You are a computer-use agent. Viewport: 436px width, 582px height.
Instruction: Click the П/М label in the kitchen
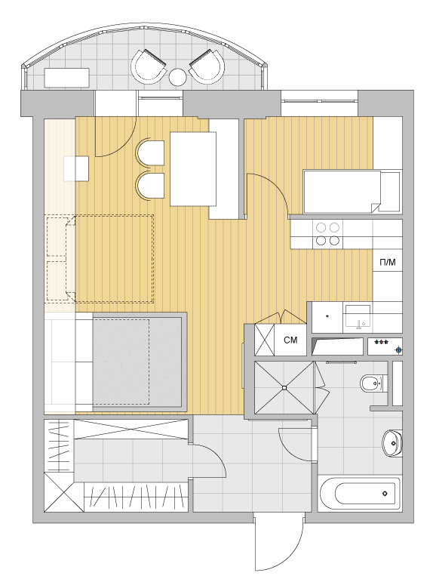click(x=388, y=263)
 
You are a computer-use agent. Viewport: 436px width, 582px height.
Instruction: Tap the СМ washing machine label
click(x=290, y=340)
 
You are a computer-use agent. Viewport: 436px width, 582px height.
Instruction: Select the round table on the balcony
click(x=178, y=77)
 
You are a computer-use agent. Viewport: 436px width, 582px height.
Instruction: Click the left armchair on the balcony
click(x=149, y=67)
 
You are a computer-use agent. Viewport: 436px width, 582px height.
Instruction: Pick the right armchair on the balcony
click(x=207, y=67)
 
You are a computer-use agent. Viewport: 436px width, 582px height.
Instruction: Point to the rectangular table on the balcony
click(x=67, y=78)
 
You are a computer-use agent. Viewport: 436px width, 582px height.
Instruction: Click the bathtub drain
click(x=385, y=493)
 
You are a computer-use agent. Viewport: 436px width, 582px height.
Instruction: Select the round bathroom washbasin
click(x=392, y=442)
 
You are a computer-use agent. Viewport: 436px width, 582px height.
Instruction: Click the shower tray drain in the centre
click(x=284, y=388)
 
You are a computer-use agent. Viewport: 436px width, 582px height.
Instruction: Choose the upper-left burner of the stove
click(x=321, y=226)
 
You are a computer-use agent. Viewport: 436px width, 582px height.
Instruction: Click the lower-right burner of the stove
click(x=334, y=241)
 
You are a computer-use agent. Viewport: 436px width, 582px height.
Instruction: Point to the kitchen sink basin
click(x=358, y=316)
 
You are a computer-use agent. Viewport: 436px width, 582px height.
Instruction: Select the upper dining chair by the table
click(x=150, y=153)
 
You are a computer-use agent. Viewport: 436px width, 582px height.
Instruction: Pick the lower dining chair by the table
click(x=150, y=186)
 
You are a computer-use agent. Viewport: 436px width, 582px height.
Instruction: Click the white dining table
click(x=193, y=169)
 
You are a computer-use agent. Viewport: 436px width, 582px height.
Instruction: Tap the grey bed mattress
click(x=137, y=362)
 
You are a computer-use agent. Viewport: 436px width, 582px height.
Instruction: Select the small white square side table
click(x=76, y=168)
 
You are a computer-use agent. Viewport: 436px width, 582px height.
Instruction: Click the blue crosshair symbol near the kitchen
click(x=399, y=350)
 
